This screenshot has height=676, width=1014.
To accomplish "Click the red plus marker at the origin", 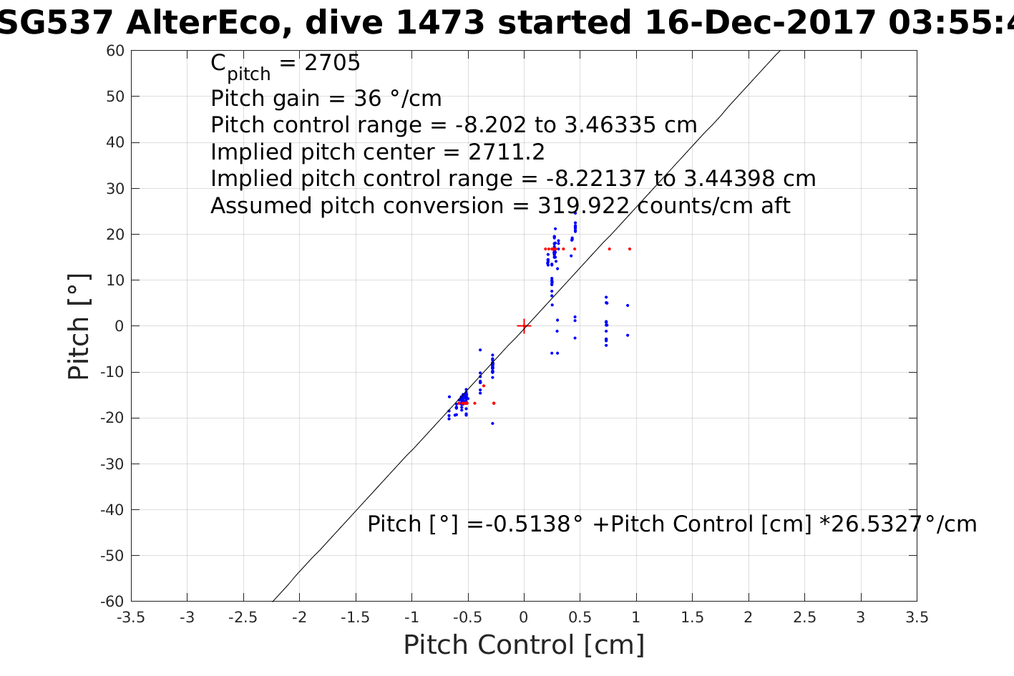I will pos(524,326).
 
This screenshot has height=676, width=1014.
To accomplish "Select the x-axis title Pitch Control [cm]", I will pos(524,645).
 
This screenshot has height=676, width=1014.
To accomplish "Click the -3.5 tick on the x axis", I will pos(131,617).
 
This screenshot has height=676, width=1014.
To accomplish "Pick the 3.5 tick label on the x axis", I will pos(917,617).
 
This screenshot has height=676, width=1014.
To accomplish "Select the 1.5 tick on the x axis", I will pos(692,617).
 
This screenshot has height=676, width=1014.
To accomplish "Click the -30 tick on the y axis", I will pos(114,464).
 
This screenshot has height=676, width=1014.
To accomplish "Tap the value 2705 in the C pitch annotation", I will pos(333,64).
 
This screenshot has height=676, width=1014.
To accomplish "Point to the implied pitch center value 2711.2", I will pos(507,152).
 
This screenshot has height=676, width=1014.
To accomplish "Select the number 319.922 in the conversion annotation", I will pos(583,206).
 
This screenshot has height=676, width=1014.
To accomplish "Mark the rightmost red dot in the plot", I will pos(630,249).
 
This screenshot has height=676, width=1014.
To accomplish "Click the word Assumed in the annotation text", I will pos(262,206).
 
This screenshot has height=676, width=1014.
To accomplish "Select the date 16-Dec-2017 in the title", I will pos(760,24).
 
